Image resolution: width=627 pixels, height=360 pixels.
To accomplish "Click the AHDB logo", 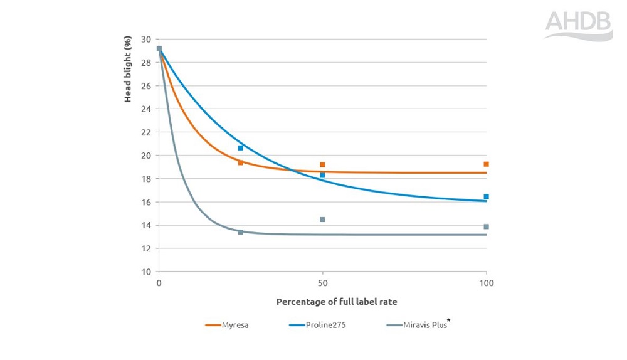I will pos(577,25).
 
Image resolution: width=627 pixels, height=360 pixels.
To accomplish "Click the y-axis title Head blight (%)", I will pos(128,69).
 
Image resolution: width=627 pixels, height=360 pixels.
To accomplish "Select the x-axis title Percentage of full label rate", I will pos(337,302).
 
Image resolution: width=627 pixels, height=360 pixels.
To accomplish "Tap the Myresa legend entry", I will pos(227,325).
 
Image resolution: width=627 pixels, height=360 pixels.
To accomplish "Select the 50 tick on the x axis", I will pos(322,283).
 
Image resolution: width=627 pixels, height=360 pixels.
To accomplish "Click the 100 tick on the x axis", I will pos(486,283).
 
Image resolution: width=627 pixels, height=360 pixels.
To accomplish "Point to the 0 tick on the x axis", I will pos(159,283).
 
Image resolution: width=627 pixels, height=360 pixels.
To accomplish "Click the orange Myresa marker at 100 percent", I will pos(486,164).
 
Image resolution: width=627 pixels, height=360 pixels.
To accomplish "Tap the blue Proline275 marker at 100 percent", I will pos(486,197).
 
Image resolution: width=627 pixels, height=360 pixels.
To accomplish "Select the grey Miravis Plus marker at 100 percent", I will pos(486,226).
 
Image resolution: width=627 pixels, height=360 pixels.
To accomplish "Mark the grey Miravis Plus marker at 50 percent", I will pos(322,220).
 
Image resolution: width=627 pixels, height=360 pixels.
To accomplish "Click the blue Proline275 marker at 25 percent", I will pos(241,148).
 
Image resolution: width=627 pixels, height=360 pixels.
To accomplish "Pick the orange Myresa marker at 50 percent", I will pos(322,165).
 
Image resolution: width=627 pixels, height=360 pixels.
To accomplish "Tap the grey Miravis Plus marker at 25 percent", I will pos(241,232).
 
